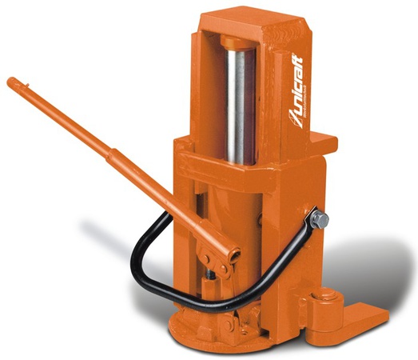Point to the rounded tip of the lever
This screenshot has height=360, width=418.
click(x=13, y=82)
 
